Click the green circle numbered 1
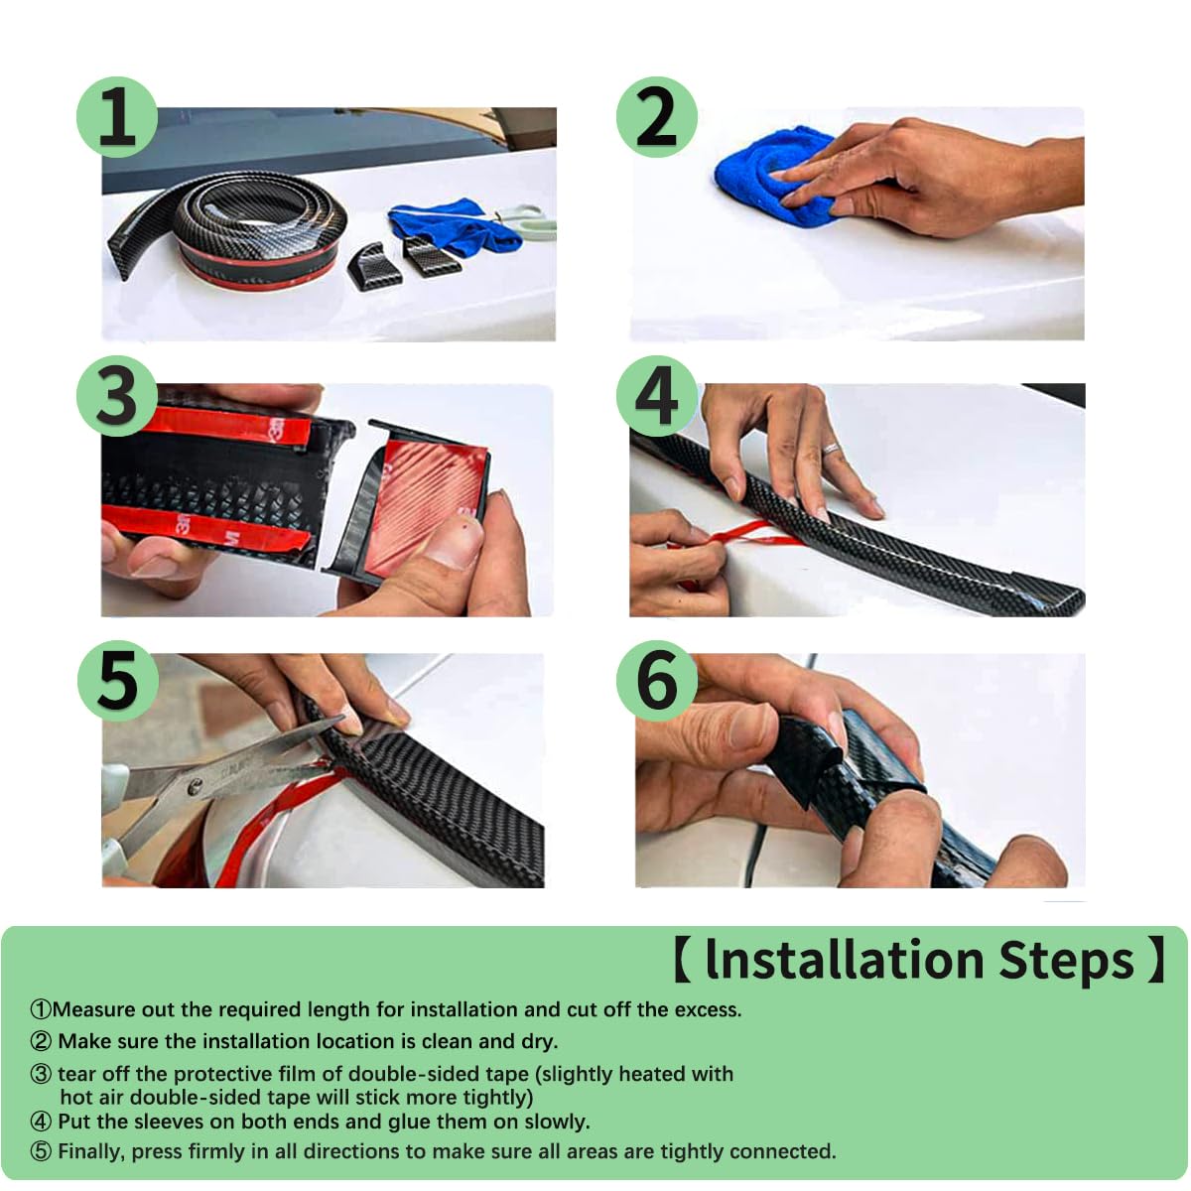point(117,117)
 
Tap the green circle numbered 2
point(656,117)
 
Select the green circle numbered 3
point(117,396)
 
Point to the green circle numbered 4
point(656,396)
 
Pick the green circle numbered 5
point(117,681)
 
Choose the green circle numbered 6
point(656,681)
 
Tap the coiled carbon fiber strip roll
point(247,232)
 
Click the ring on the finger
point(830,448)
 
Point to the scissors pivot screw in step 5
point(196,786)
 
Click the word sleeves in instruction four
point(170,1122)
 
